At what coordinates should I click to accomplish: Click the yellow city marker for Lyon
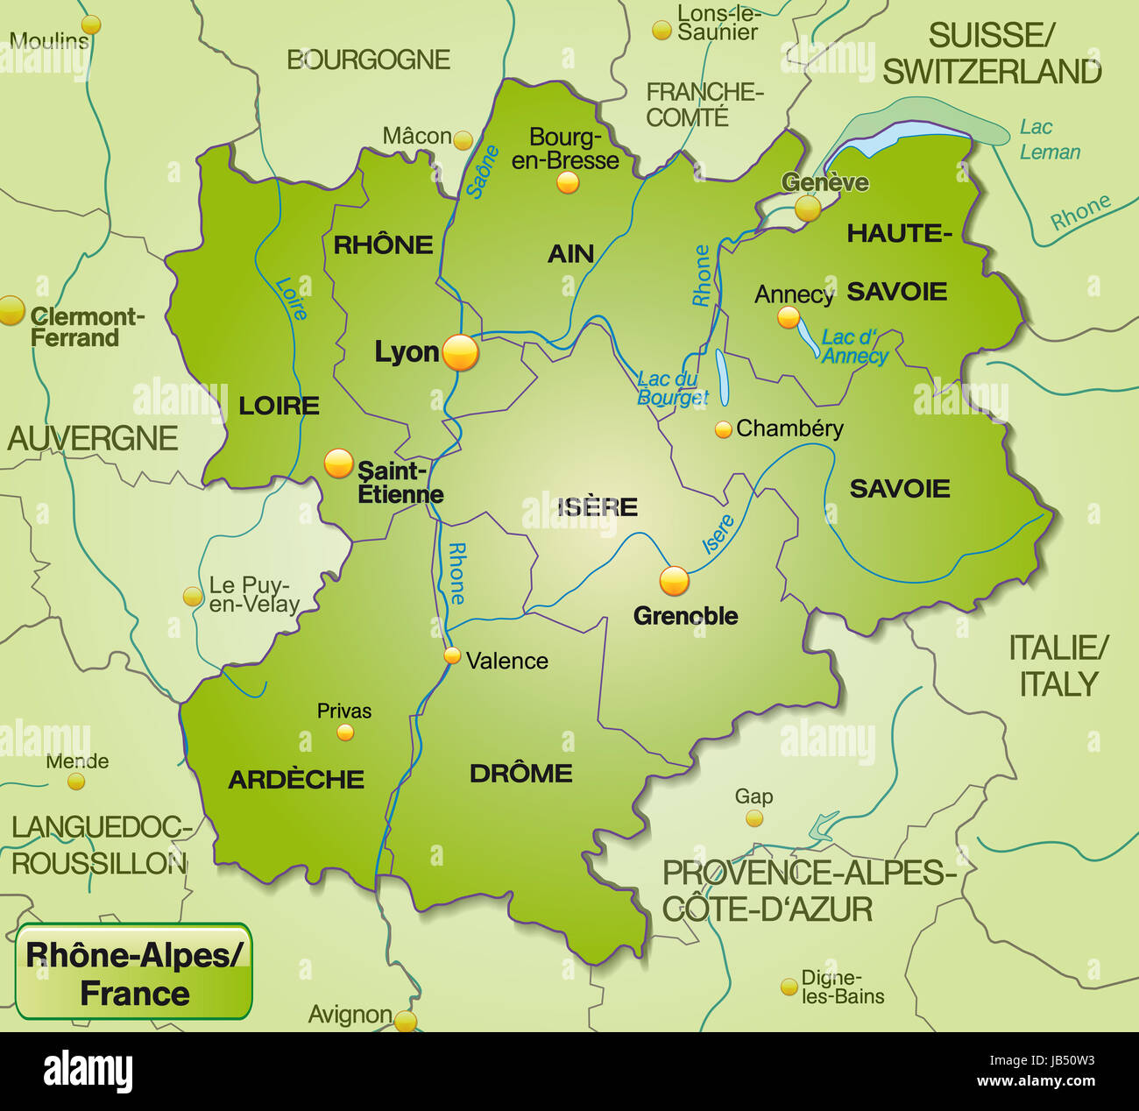click(x=461, y=353)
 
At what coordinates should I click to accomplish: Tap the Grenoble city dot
click(x=674, y=580)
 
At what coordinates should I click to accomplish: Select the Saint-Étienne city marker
click(x=338, y=464)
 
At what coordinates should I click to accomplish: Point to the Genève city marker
click(x=807, y=208)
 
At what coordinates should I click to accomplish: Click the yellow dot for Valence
click(x=452, y=655)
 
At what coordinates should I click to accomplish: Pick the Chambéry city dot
click(x=723, y=429)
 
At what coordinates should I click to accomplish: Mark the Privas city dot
click(x=345, y=732)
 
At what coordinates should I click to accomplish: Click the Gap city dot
click(x=753, y=818)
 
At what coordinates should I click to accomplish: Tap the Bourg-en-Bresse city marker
click(x=568, y=182)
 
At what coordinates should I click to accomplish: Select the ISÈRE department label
click(x=598, y=506)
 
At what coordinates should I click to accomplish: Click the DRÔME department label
click(x=521, y=774)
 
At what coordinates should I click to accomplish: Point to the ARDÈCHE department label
click(x=296, y=780)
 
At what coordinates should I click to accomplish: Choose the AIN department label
click(x=570, y=254)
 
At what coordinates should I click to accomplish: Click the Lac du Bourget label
click(x=672, y=388)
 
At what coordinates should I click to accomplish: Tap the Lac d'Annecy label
click(x=854, y=347)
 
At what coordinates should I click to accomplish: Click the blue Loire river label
click(x=291, y=298)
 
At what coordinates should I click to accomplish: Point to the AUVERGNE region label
click(x=93, y=438)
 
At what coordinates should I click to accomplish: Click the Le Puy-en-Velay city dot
click(x=192, y=597)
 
